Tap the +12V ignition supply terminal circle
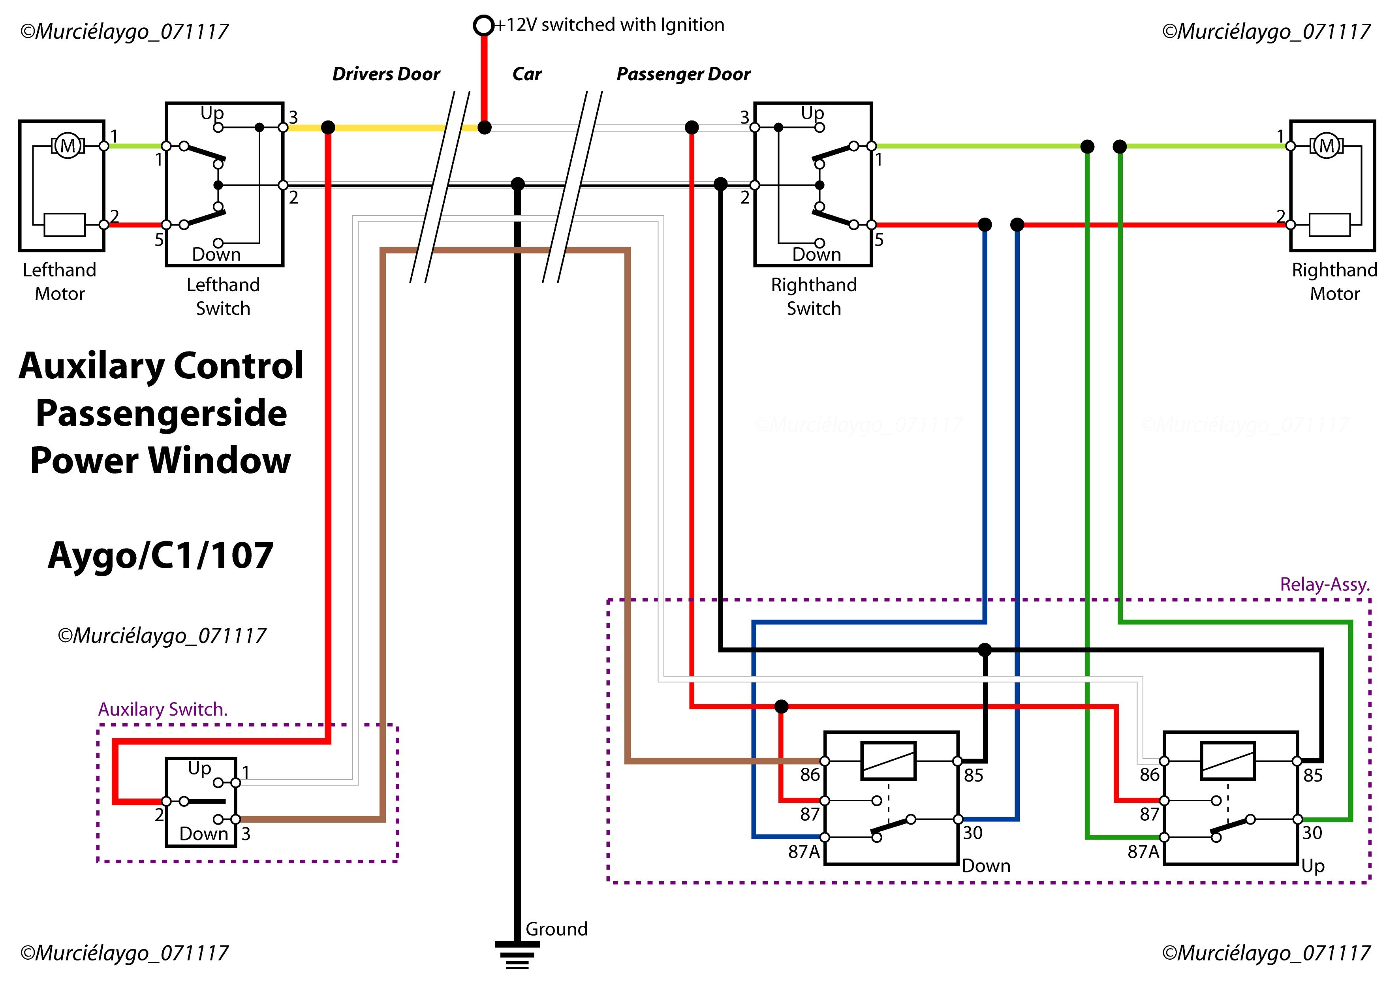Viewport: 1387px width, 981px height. pyautogui.click(x=483, y=25)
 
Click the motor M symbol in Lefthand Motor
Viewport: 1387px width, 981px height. pyautogui.click(x=68, y=146)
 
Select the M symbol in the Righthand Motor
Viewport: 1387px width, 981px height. pyautogui.click(x=1327, y=146)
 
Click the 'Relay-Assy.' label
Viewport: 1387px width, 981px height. pyautogui.click(x=1325, y=585)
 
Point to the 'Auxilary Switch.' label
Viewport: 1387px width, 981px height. pyautogui.click(x=163, y=709)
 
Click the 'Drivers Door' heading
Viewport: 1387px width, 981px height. pyautogui.click(x=386, y=74)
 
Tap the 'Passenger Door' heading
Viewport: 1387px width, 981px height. pyautogui.click(x=683, y=74)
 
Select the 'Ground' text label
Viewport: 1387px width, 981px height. pyautogui.click(x=556, y=929)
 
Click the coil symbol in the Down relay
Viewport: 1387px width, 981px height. pyautogui.click(x=889, y=761)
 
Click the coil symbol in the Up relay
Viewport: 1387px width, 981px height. pyautogui.click(x=1228, y=761)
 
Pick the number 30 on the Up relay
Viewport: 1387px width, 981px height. pyautogui.click(x=1312, y=833)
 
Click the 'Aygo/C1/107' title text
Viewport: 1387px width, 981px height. pyautogui.click(x=161, y=555)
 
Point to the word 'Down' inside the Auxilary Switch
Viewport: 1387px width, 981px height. pyautogui.click(x=203, y=834)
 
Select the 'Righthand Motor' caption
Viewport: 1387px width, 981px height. pyautogui.click(x=1334, y=282)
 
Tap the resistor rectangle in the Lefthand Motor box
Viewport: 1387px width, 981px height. pyautogui.click(x=65, y=225)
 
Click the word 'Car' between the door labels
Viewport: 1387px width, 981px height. pyautogui.click(x=527, y=74)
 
